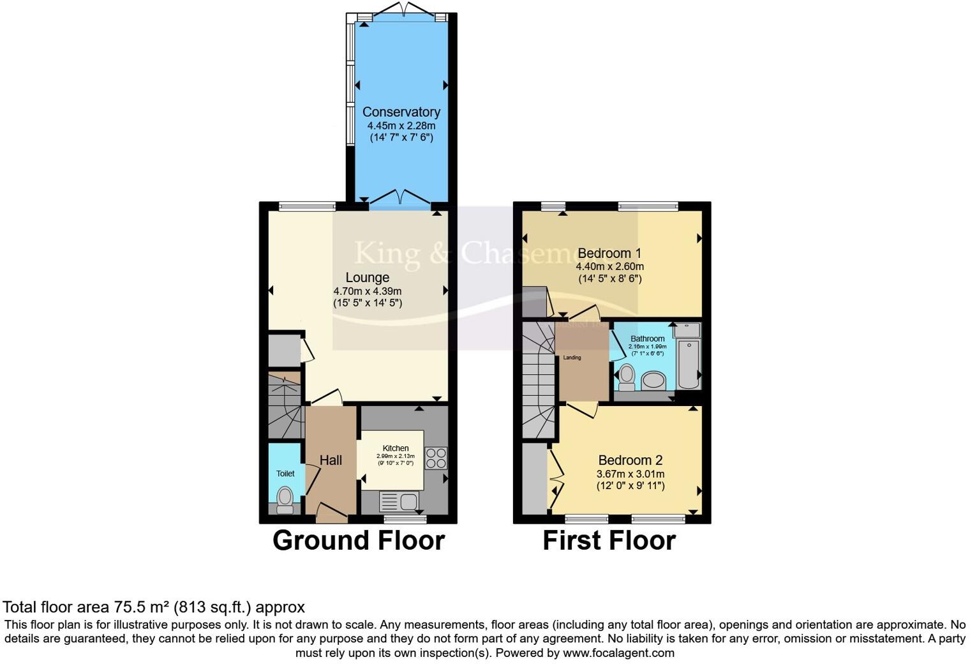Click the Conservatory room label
tap(401, 112)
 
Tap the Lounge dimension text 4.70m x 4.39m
tap(368, 291)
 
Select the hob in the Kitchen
tap(436, 458)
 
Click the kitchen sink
tap(399, 501)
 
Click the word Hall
tap(331, 460)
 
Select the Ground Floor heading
tap(358, 541)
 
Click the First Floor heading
tap(609, 541)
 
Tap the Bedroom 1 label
tap(609, 253)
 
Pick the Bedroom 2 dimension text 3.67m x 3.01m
tap(630, 474)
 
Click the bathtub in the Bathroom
tap(688, 364)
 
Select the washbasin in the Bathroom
tap(653, 381)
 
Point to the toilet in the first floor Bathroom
tap(627, 376)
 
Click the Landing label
tap(572, 358)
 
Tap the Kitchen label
tap(396, 448)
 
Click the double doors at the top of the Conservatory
tap(401, 10)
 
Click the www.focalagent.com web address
tap(618, 653)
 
